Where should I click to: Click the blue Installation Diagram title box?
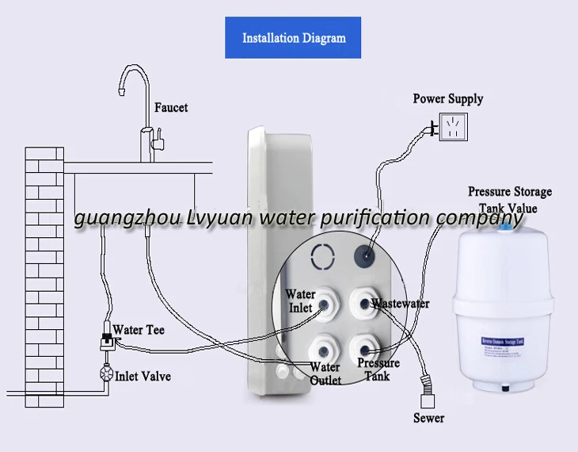click(x=294, y=37)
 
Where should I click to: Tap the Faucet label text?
click(x=171, y=106)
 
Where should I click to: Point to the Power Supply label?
click(x=448, y=99)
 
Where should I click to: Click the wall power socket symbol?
click(x=453, y=127)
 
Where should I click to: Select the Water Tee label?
click(x=139, y=329)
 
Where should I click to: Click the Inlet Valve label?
click(x=143, y=376)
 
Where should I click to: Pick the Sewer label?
click(x=429, y=418)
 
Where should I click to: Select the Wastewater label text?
click(x=401, y=304)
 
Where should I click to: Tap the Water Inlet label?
click(x=300, y=301)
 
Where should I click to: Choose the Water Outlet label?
click(x=325, y=373)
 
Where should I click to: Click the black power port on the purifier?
click(x=365, y=255)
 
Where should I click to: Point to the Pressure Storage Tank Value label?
click(x=509, y=200)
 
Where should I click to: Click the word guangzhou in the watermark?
click(x=116, y=219)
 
